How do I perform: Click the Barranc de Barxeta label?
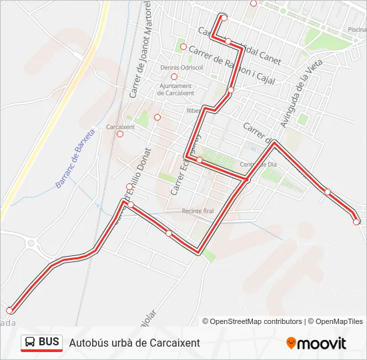tap(75, 159)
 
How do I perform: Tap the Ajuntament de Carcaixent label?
tap(175, 89)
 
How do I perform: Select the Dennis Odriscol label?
tap(181, 68)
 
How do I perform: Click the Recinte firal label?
tap(198, 211)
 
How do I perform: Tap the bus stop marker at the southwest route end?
tap(9, 311)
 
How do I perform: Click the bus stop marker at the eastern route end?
tap(356, 222)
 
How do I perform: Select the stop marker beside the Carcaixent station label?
tap(120, 134)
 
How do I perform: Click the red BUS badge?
tap(42, 343)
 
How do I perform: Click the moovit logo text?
tap(322, 343)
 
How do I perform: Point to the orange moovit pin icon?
tap(291, 343)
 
